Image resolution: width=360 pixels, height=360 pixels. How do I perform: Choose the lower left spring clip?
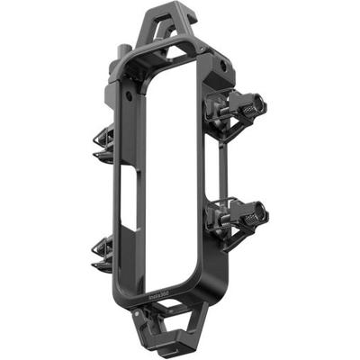tap(103, 252)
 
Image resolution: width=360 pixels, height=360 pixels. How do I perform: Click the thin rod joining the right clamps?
tap(224, 171)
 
